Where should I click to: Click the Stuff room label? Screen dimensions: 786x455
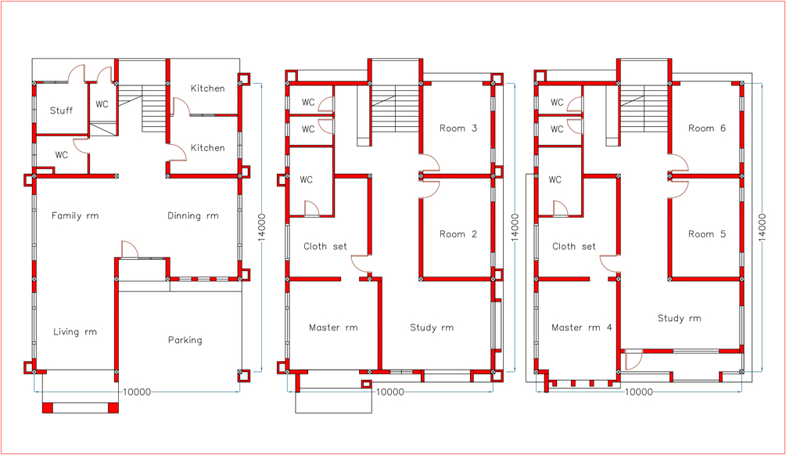[x=61, y=110]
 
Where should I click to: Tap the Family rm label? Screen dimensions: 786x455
[x=75, y=216]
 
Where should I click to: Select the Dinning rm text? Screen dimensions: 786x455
[x=193, y=216]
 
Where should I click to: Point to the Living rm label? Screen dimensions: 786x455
[x=75, y=332]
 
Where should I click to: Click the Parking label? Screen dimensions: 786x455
[x=185, y=340]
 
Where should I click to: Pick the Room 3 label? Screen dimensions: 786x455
[x=458, y=128]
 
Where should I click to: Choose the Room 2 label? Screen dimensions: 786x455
[x=458, y=234]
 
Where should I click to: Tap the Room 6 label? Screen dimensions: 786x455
[x=707, y=128]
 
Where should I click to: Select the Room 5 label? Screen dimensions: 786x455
[x=707, y=234]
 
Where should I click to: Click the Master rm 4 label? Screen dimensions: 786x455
[x=581, y=327]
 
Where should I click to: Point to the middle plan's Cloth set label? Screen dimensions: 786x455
[x=325, y=247]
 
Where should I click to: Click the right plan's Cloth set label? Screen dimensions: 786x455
[x=574, y=247]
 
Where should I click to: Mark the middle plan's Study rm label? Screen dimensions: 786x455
[x=432, y=328]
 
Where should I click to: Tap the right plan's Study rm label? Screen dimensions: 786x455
[x=679, y=319]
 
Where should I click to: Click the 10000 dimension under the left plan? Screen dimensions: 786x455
[x=136, y=392]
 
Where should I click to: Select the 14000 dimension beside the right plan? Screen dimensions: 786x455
[x=762, y=227]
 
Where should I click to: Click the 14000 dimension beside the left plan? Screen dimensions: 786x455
[x=262, y=227]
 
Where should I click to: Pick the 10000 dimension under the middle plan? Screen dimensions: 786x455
[x=389, y=392]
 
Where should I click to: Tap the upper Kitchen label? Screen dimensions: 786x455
[x=207, y=88]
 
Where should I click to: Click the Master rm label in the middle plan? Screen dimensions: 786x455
[x=333, y=327]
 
